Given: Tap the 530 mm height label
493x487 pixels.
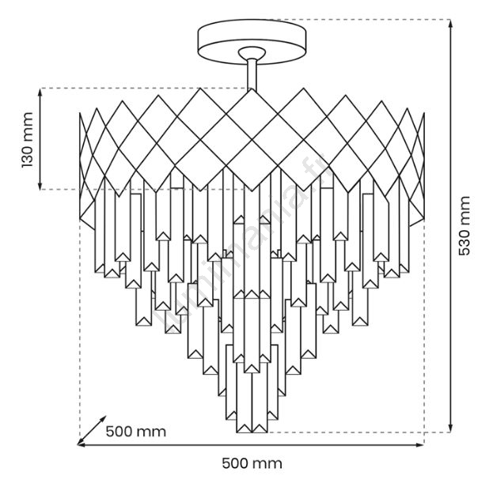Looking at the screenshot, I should pyautogui.click(x=465, y=225).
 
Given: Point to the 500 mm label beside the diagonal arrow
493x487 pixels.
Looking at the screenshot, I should pyautogui.click(x=135, y=432).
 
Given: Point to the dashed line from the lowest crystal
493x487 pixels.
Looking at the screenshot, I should pyautogui.click(x=356, y=432).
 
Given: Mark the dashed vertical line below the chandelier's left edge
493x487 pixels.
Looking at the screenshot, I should pyautogui.click(x=80, y=332).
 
